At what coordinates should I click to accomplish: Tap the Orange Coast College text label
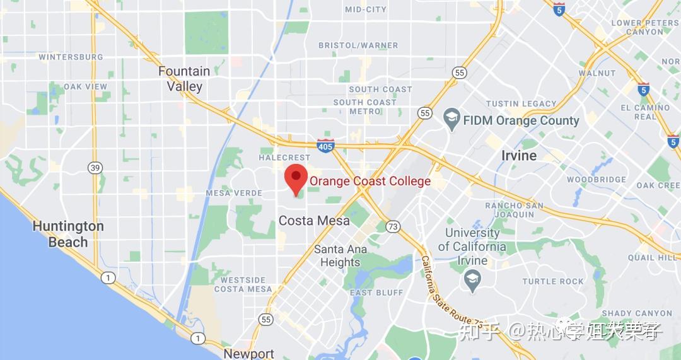pyautogui.click(x=370, y=182)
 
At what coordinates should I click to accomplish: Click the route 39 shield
pyautogui.click(x=95, y=167)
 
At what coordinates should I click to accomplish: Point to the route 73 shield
pyautogui.click(x=393, y=226)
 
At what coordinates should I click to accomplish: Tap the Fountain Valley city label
pyautogui.click(x=184, y=79)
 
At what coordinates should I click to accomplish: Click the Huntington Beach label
pyautogui.click(x=68, y=234)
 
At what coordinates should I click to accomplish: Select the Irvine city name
pyautogui.click(x=519, y=156)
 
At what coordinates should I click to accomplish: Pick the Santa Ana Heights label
pyautogui.click(x=340, y=255)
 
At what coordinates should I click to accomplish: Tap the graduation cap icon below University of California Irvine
pyautogui.click(x=472, y=281)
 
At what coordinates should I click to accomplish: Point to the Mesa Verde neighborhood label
pyautogui.click(x=234, y=193)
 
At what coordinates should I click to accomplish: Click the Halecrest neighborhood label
pyautogui.click(x=284, y=158)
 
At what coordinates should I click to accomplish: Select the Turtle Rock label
pyautogui.click(x=553, y=281)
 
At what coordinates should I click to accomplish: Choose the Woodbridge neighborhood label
pyautogui.click(x=596, y=180)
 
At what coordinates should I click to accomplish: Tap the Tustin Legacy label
pyautogui.click(x=521, y=103)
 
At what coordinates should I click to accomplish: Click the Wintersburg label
pyautogui.click(x=71, y=57)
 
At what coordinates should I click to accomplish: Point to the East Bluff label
pyautogui.click(x=376, y=293)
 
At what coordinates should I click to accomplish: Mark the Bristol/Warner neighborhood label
pyautogui.click(x=358, y=45)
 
